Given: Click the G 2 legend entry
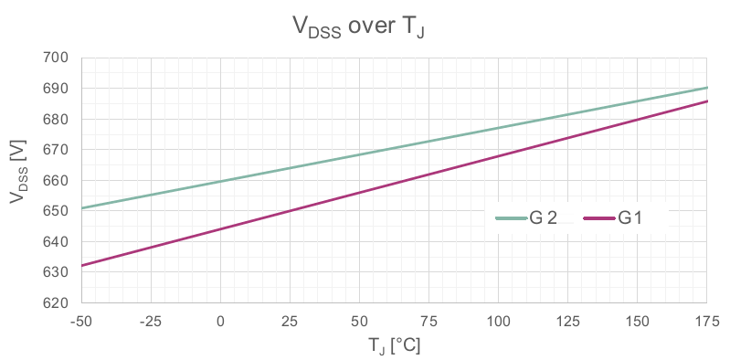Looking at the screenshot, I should point(525,217).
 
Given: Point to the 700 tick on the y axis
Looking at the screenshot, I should point(57,58).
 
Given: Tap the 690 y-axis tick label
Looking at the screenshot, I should point(57,89).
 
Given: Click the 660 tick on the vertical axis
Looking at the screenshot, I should point(57,180).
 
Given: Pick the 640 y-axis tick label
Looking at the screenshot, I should point(57,241).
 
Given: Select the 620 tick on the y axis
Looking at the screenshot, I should point(57,302).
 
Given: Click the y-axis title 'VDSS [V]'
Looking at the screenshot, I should point(19,171).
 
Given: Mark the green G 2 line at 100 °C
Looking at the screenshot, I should point(499,128).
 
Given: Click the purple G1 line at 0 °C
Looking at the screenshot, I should point(220,229).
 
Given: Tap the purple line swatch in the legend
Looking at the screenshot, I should point(598,217).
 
